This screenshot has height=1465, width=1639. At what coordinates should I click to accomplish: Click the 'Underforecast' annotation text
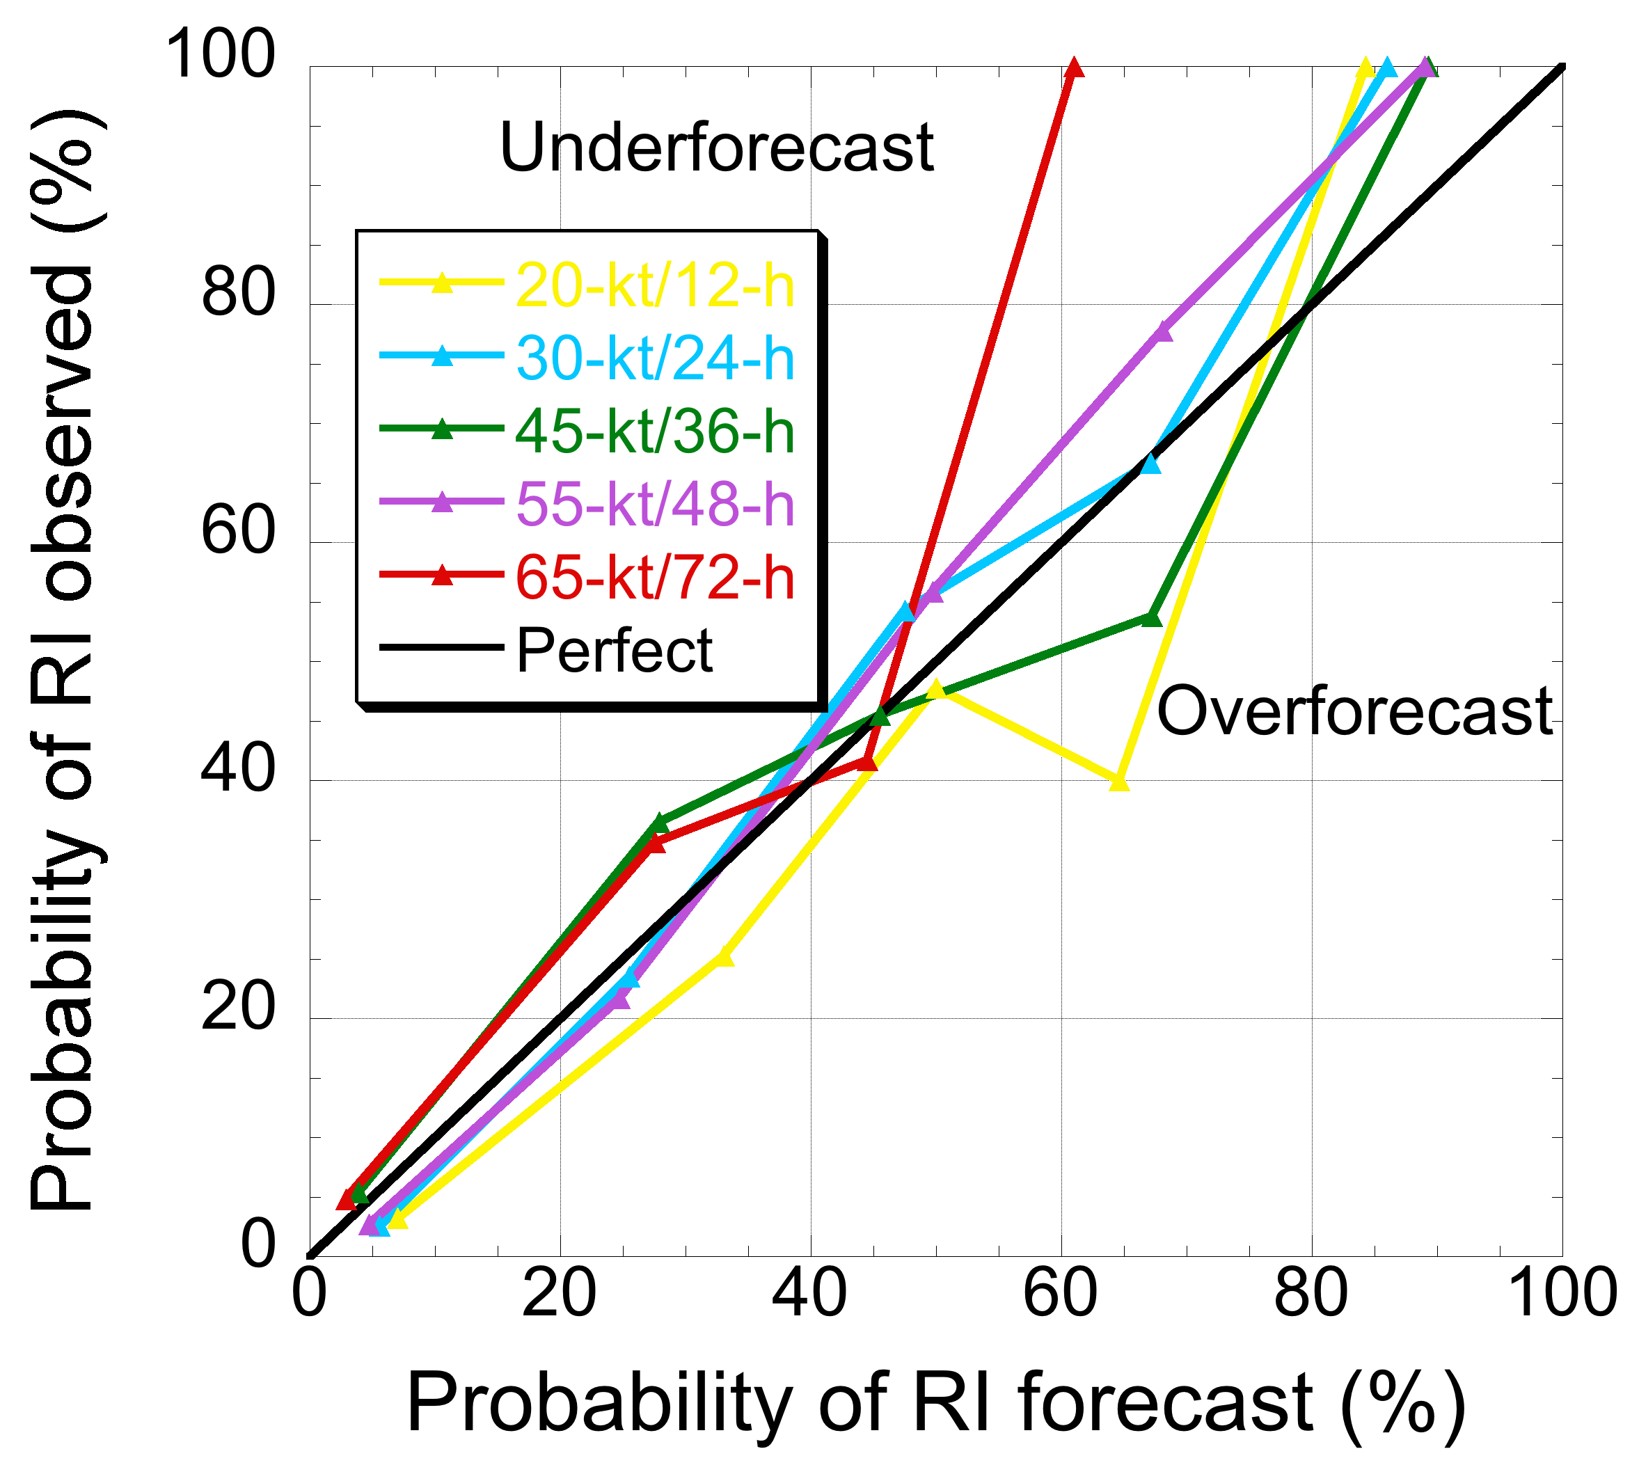(x=715, y=148)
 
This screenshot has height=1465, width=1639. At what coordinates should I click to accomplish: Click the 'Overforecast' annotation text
(x=1354, y=711)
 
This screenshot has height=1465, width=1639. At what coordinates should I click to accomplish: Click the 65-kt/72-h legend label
(x=654, y=577)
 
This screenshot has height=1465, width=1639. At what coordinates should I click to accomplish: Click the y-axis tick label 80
(x=238, y=293)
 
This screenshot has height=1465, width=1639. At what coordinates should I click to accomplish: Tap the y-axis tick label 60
(x=238, y=531)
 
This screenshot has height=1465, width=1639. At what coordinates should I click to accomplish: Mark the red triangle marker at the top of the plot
(x=1074, y=68)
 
